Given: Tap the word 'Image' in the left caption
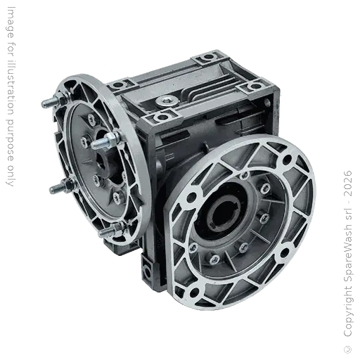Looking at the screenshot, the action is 10,22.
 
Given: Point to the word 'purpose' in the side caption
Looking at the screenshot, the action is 10,142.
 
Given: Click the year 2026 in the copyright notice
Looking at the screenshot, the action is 347,184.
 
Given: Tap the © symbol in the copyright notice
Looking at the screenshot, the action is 347,349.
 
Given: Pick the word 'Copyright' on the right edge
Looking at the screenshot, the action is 347,311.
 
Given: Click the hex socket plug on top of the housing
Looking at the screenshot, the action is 167,101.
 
